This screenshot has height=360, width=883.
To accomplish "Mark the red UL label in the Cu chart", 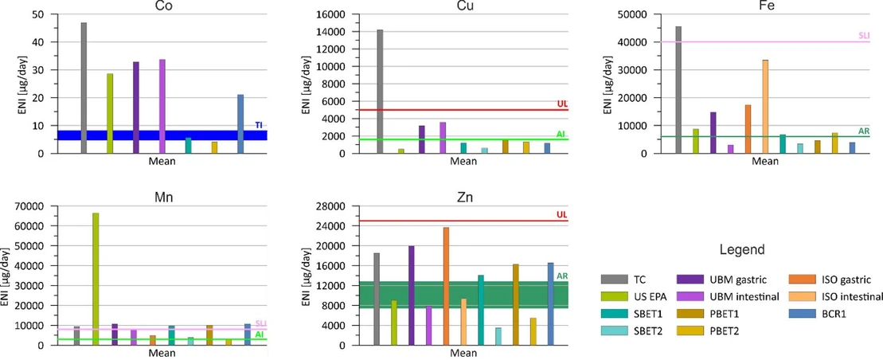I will click(561, 104).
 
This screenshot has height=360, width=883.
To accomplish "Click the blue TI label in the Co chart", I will click(258, 125).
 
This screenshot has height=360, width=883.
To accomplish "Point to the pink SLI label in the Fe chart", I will click(863, 36).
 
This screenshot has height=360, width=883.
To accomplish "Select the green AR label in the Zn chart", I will click(561, 276).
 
